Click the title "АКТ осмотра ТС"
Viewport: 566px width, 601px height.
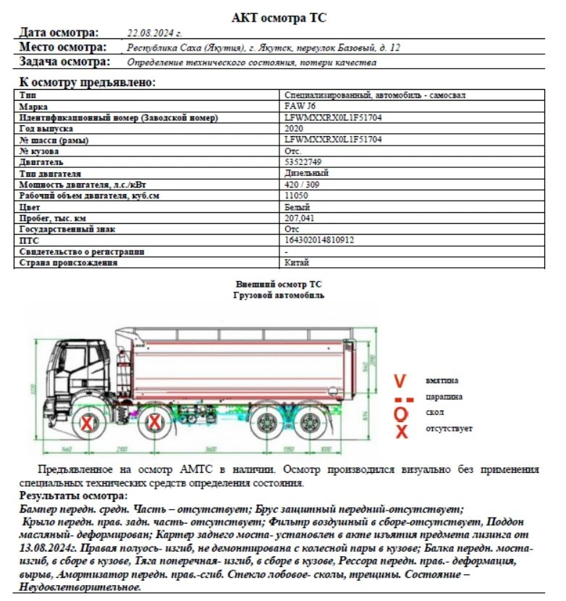[283, 17]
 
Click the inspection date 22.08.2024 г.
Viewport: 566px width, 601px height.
[154, 33]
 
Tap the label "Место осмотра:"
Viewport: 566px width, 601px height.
[62, 48]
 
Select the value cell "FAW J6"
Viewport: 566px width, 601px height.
[300, 106]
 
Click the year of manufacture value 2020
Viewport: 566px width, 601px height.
[295, 128]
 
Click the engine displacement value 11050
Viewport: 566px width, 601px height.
[297, 196]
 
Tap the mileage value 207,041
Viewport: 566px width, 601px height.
[301, 218]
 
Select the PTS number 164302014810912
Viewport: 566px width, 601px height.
[319, 240]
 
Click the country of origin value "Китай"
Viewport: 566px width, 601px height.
[297, 262]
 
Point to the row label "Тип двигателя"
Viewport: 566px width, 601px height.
[50, 174]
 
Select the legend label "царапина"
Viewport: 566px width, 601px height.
[444, 397]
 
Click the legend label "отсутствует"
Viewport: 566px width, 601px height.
[449, 429]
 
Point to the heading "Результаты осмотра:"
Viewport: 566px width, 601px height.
[73, 496]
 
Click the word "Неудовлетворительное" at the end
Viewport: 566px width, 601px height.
[80, 587]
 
